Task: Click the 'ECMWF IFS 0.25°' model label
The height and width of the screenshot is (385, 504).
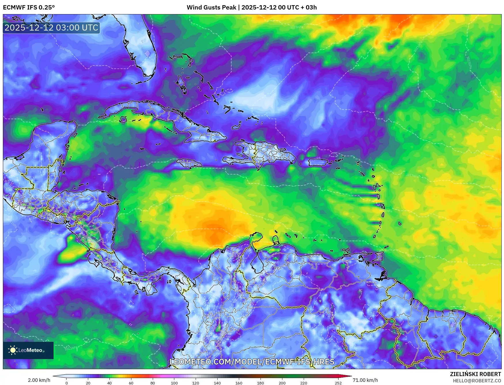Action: coord(29,7)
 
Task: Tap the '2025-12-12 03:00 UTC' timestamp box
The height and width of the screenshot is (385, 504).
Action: coord(51,28)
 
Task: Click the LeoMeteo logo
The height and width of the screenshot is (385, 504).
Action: coord(28,350)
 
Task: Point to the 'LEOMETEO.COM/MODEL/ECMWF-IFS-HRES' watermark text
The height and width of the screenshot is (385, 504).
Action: coord(252,362)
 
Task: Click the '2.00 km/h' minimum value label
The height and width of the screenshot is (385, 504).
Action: coord(39,380)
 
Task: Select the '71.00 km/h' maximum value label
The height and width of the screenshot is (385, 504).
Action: coord(365,380)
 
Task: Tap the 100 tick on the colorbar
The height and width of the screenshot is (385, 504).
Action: coord(174,383)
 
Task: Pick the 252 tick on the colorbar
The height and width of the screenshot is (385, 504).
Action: coord(338,383)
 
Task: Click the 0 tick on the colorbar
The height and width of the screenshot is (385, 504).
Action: coord(67,383)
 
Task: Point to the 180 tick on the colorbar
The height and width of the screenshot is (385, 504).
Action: coord(260,383)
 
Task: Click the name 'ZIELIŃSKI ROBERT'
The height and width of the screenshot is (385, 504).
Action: coord(475,374)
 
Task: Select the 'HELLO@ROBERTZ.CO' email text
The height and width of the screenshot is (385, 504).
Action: coord(477,381)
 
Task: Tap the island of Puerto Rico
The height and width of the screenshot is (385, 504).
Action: coord(318,162)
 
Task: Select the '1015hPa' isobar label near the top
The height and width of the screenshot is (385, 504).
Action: coord(297,27)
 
